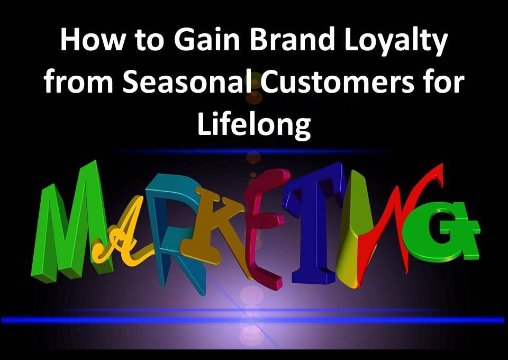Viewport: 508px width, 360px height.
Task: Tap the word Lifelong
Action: (x=255, y=124)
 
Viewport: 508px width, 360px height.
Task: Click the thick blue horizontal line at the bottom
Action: (x=253, y=320)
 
